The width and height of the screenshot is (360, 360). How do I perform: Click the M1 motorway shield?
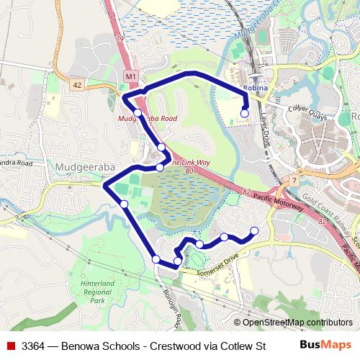(x=130, y=76)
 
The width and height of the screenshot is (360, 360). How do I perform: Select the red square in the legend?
(x=11, y=344)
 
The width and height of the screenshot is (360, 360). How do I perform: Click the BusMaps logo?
(x=325, y=344)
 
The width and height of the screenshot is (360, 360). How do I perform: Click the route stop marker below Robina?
(x=245, y=113)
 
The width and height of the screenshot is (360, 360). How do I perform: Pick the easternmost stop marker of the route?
(x=253, y=230)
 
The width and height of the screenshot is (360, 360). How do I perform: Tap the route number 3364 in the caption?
(x=35, y=345)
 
